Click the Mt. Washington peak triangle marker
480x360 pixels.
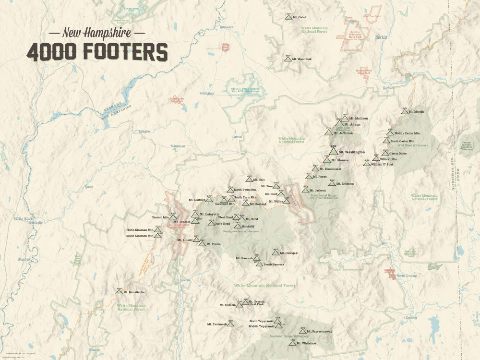tap(334, 152)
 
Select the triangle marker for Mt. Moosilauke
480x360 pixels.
tap(119, 292)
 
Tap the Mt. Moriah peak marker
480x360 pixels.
tap(405, 112)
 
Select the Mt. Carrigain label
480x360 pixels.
tap(289, 253)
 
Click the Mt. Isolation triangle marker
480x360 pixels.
tap(332, 183)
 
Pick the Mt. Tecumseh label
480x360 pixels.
tap(216, 324)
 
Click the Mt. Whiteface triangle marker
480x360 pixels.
tap(292, 343)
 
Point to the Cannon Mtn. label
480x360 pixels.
tap(160, 217)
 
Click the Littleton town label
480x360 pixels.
tap(144, 131)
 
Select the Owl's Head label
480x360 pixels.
tap(223, 224)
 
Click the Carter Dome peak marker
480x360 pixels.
tap(385, 154)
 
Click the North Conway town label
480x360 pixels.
tap(407, 276)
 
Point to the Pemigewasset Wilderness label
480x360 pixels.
tap(241, 231)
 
